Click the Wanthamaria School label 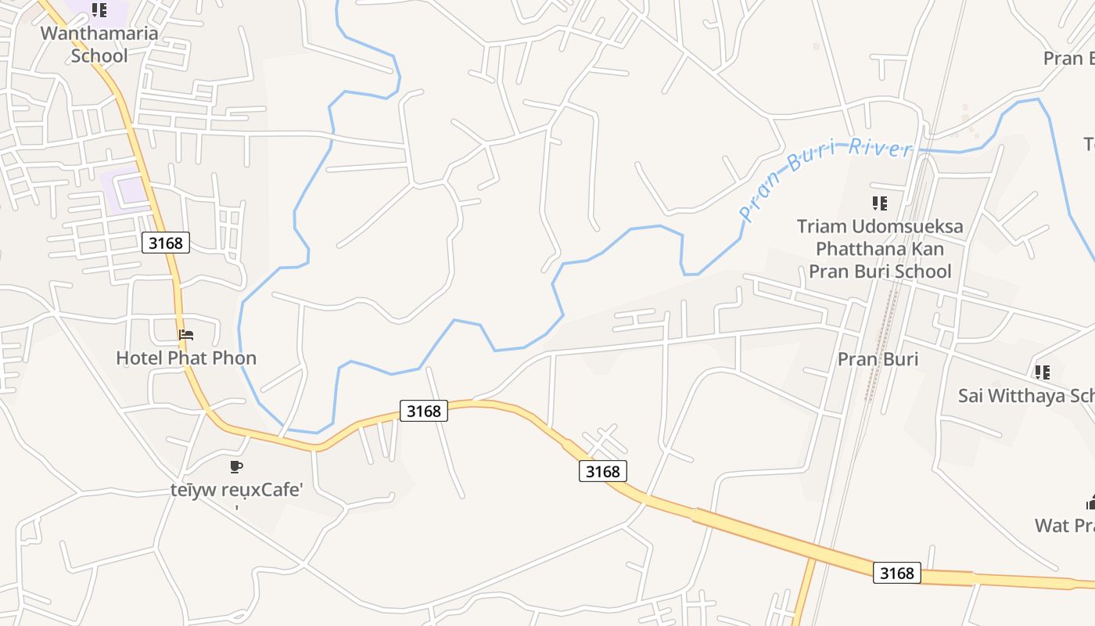click(99, 45)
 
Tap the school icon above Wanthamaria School click(99, 10)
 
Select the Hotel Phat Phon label click(186, 358)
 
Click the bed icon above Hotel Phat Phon click(186, 335)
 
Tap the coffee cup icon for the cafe click(236, 467)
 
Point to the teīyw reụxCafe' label click(236, 491)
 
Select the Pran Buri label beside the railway click(878, 359)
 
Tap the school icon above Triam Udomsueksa click(880, 203)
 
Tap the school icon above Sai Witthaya click(1042, 372)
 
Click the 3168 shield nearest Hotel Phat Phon click(166, 243)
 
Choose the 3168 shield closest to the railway click(896, 573)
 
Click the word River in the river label click(881, 148)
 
